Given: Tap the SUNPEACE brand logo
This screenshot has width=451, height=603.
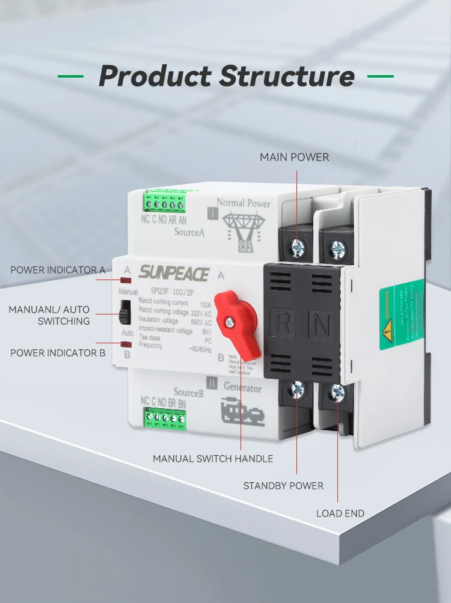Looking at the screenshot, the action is [x=174, y=274].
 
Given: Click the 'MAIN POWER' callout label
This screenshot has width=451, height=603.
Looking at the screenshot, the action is [x=294, y=158].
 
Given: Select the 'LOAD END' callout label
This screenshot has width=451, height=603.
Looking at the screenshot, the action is [x=340, y=513].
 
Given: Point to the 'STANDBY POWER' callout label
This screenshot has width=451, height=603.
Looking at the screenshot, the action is [x=283, y=486].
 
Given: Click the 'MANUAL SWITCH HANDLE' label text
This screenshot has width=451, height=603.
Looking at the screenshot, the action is [x=213, y=459].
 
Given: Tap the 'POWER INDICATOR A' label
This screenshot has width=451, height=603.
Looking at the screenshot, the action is [x=58, y=270].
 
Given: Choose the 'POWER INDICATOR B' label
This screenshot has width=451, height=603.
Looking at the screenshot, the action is [x=58, y=353].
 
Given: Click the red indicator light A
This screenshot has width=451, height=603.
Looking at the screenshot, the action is [x=126, y=281].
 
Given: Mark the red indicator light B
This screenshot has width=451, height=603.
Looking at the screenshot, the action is [x=126, y=344].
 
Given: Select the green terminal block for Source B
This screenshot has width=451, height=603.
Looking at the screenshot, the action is [x=164, y=418].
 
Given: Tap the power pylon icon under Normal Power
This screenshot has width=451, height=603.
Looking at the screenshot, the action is [x=243, y=231].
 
